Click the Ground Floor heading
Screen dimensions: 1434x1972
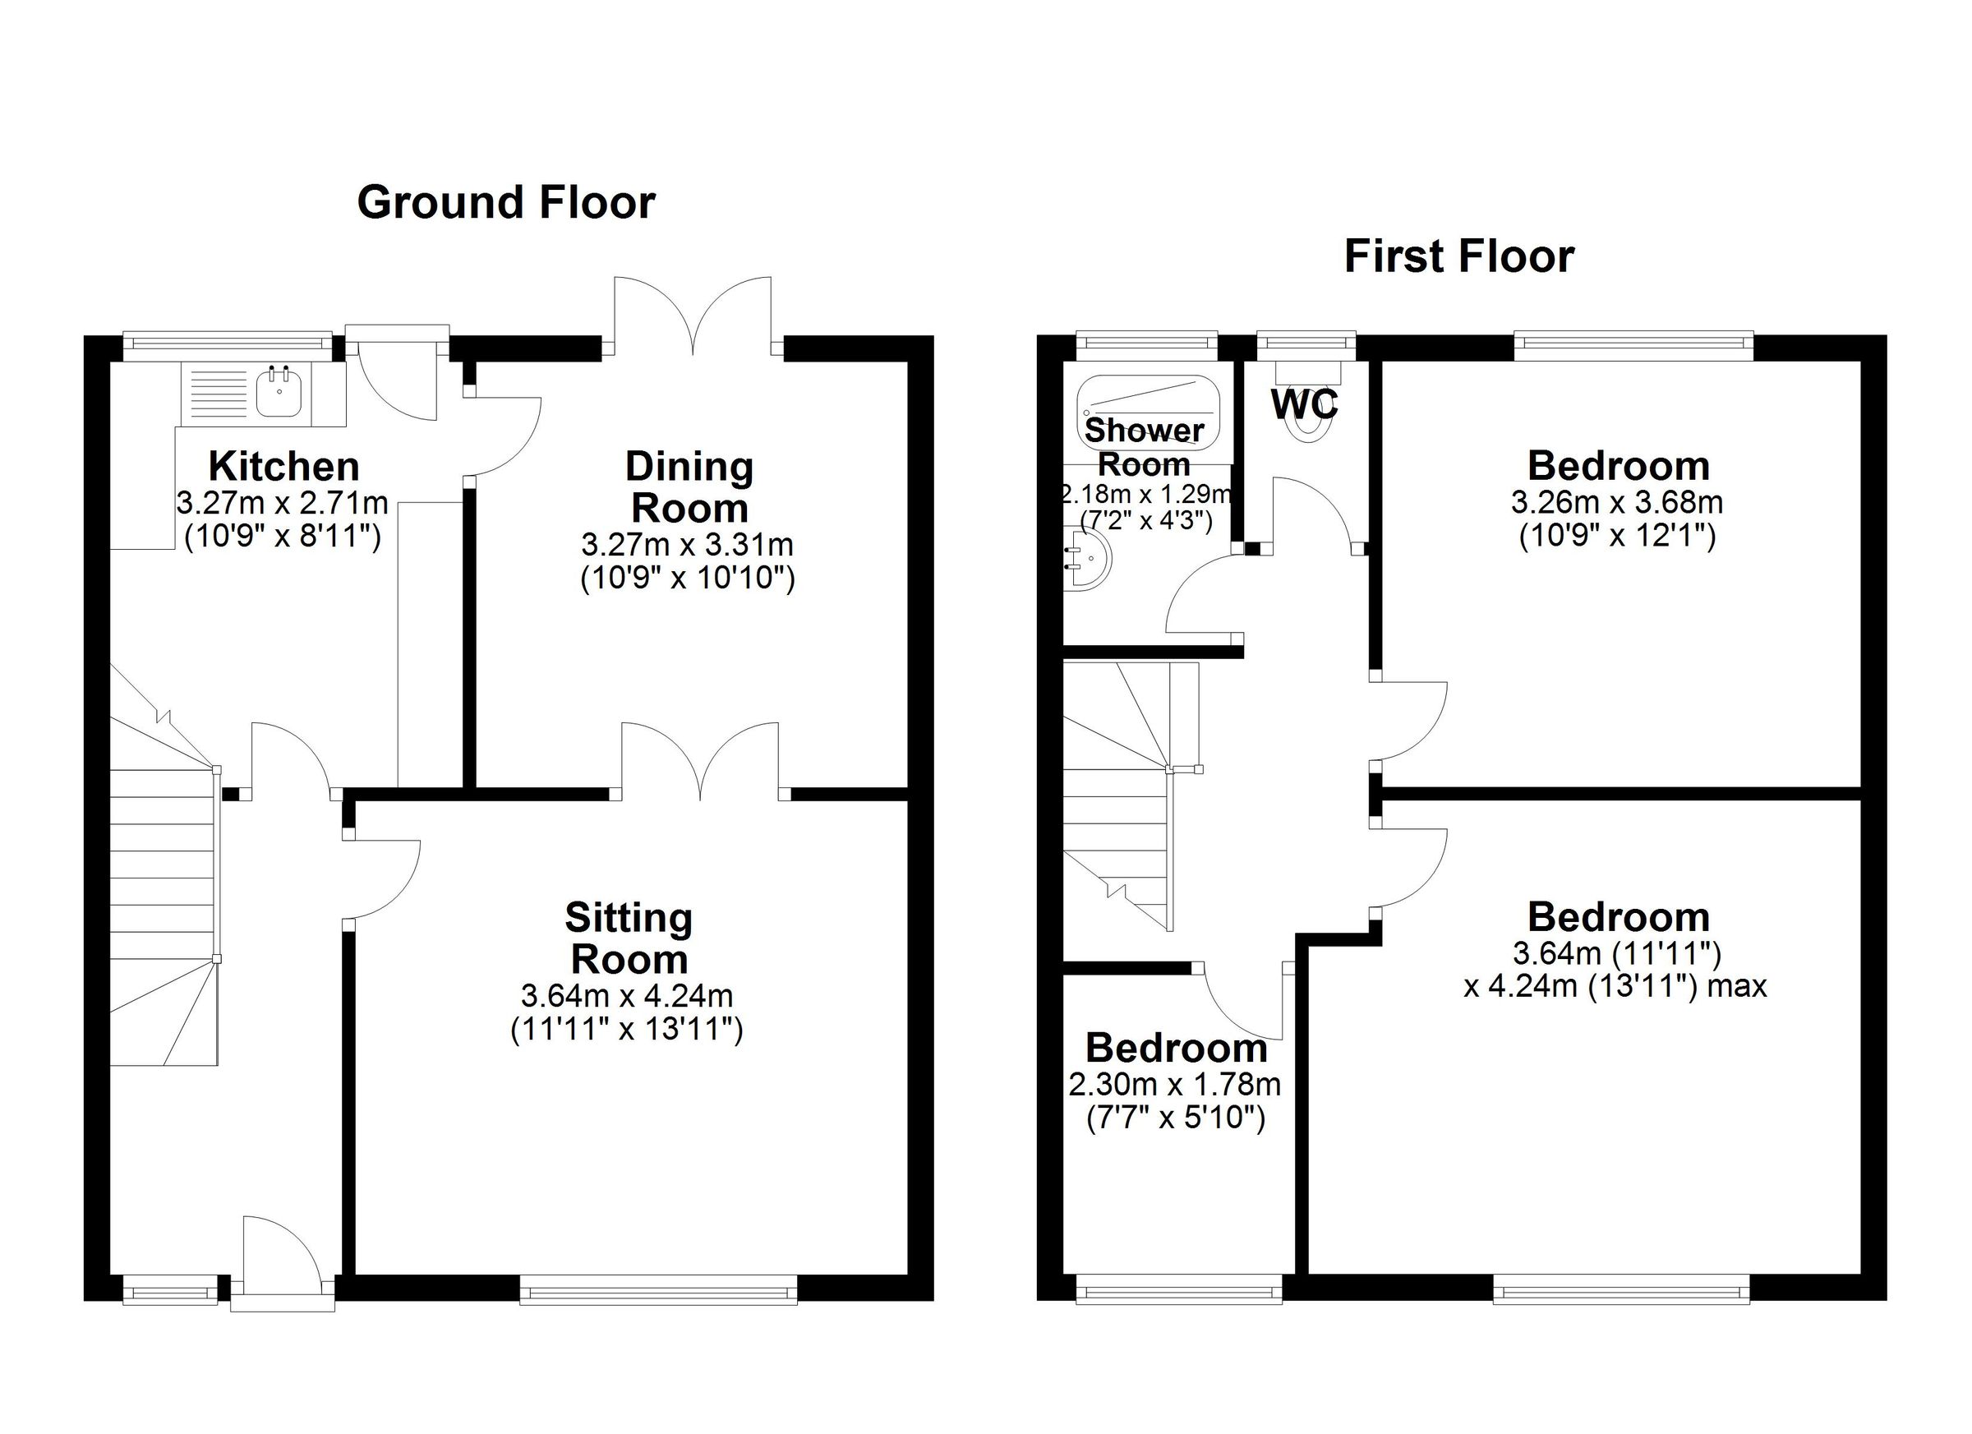[x=506, y=203]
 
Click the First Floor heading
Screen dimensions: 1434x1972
[x=1458, y=256]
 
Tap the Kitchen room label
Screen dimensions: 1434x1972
[x=283, y=467]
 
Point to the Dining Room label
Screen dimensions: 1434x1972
[x=689, y=487]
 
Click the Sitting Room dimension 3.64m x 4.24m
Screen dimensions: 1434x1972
[x=626, y=995]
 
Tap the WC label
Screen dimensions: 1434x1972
[x=1303, y=403]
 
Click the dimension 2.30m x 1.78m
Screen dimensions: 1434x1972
[x=1175, y=1085]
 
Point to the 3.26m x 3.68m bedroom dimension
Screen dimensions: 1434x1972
[x=1616, y=502]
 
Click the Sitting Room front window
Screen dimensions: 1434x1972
[x=658, y=1289]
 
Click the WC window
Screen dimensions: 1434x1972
[x=1306, y=345]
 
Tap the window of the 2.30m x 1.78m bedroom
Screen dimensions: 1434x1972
[x=1178, y=1289]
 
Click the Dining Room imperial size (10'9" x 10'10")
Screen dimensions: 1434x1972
[x=687, y=579]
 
